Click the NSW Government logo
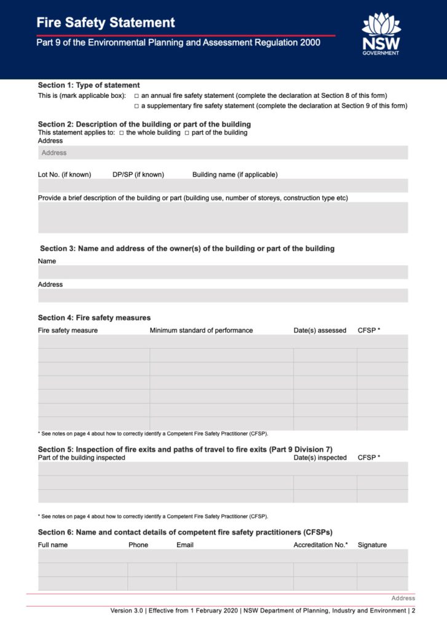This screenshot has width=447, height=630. tap(381, 34)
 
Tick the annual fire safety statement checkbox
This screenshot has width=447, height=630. tap(136, 96)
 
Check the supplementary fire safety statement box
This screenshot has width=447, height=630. tap(136, 106)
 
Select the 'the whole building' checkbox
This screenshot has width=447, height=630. tap(122, 133)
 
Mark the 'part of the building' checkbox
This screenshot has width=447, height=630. tap(187, 133)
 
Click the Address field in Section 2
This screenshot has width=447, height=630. tap(223, 153)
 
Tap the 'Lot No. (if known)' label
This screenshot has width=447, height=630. tap(65, 175)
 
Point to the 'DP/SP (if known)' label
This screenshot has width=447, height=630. tap(138, 175)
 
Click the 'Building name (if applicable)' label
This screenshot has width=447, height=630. tap(235, 175)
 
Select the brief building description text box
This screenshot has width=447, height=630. tap(223, 218)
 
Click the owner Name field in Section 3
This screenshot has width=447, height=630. tap(223, 272)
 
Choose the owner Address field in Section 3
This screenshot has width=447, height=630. tap(223, 295)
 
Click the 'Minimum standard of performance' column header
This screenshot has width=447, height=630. tap(201, 330)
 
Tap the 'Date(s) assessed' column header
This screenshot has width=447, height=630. tap(320, 330)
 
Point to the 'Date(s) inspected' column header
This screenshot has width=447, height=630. tap(320, 458)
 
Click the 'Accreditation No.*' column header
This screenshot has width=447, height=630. tap(320, 545)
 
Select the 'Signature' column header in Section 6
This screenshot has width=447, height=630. tap(372, 545)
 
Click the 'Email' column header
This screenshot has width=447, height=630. tap(185, 545)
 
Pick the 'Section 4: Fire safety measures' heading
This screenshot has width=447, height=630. tap(94, 318)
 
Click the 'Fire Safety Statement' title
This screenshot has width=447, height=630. tap(106, 23)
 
